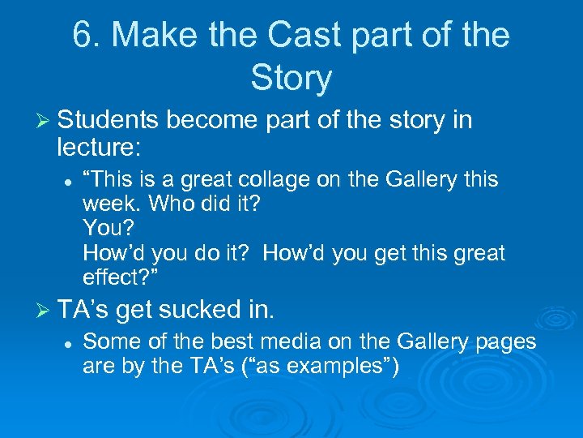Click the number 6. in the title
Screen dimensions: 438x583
[86, 36]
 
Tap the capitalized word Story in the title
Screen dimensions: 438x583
[291, 79]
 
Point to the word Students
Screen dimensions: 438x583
[109, 121]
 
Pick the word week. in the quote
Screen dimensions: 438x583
[109, 204]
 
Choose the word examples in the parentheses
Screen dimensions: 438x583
[327, 367]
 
